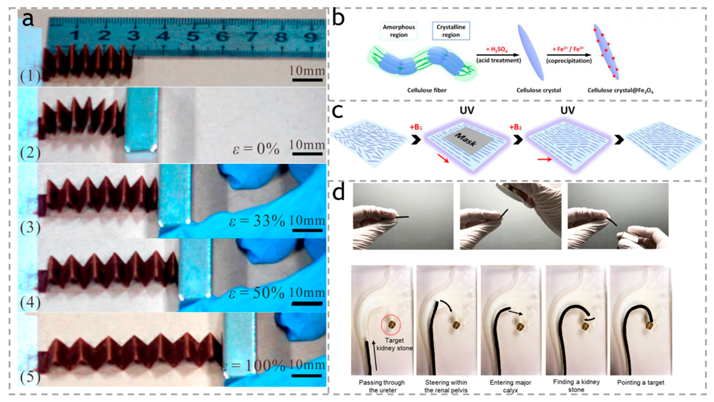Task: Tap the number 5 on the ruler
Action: tap(193, 36)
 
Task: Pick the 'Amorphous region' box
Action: tap(399, 31)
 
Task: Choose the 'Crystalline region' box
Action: tap(451, 31)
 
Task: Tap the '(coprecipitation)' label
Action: tap(569, 61)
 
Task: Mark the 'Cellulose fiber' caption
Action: tap(427, 90)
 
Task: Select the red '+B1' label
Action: tap(416, 128)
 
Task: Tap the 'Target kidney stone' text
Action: tap(394, 344)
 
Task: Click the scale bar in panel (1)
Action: tap(307, 80)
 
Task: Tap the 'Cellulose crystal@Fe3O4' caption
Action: tap(620, 90)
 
